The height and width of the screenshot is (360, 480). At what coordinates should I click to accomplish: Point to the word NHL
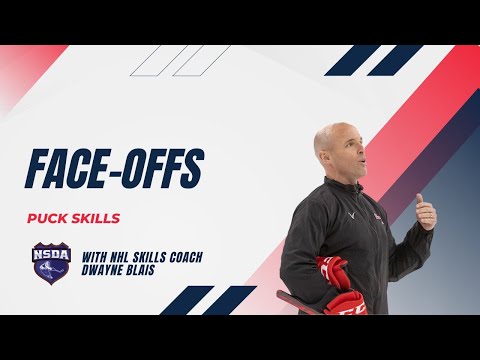[122, 257]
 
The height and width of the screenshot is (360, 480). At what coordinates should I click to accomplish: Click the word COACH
[185, 257]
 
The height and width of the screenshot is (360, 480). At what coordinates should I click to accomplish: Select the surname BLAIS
[149, 271]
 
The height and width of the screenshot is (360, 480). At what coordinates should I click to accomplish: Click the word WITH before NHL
[95, 257]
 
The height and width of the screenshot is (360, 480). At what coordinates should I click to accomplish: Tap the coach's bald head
[333, 132]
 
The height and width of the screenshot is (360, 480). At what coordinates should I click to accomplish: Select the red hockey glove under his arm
[332, 272]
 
